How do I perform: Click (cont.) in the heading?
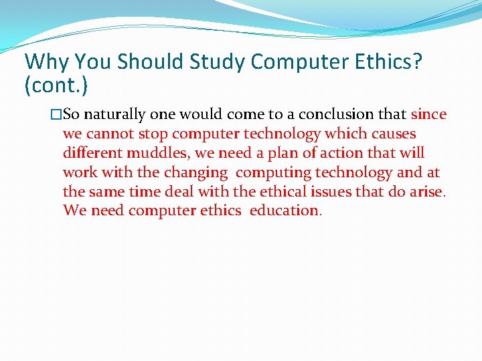coord(56,85)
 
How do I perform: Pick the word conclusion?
coord(331,114)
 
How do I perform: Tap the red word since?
coord(428,114)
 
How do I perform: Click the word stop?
coord(153,134)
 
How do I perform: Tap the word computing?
coord(274,172)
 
